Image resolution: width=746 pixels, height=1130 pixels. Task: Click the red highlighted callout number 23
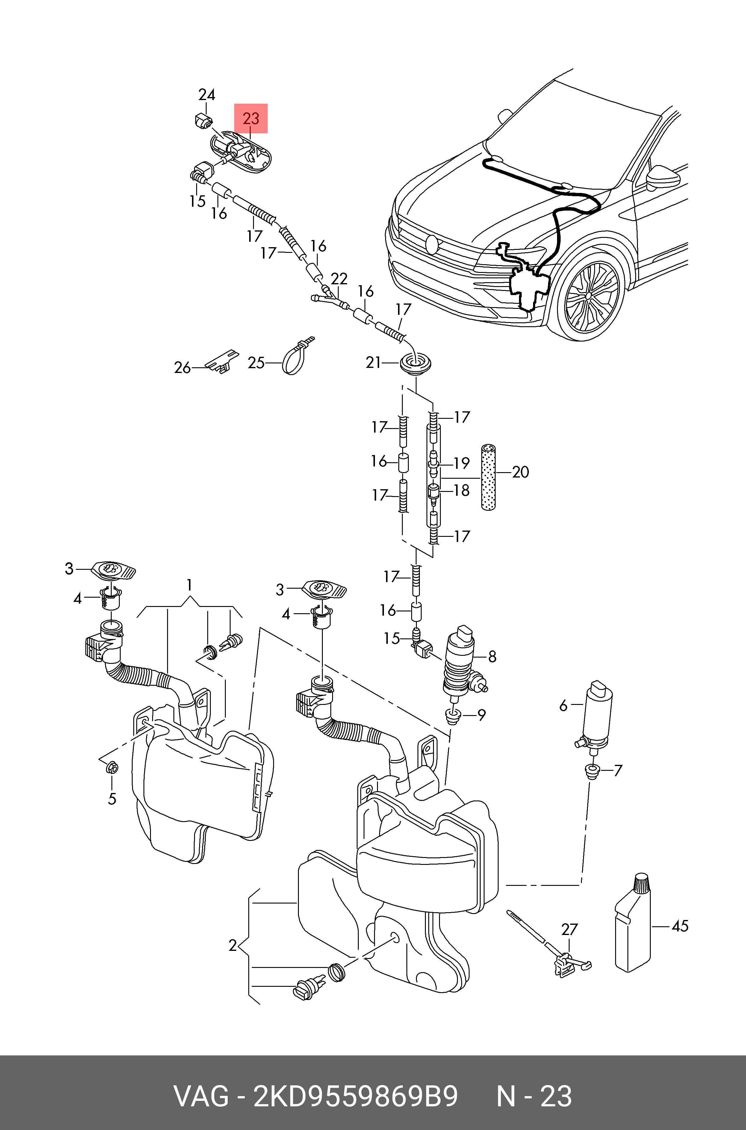(x=251, y=118)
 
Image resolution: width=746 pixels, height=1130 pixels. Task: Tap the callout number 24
(x=206, y=95)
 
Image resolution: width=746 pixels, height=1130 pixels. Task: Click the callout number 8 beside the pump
(x=492, y=657)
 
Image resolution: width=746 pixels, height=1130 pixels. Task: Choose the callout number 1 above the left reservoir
(x=189, y=585)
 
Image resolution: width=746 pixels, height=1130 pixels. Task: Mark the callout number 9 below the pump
(x=482, y=714)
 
